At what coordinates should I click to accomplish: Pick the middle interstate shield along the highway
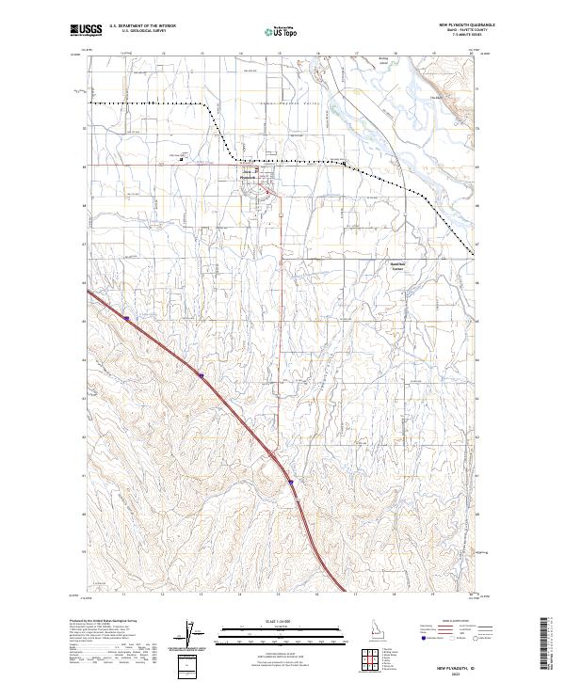coord(202,374)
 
